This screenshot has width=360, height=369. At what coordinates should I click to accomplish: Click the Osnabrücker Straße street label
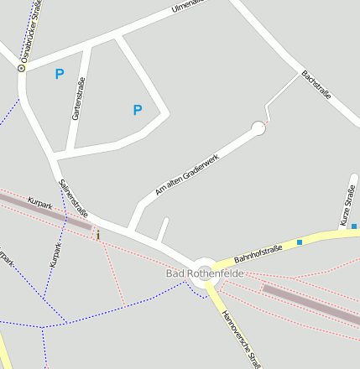[31, 33]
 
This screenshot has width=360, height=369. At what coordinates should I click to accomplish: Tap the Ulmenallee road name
[187, 8]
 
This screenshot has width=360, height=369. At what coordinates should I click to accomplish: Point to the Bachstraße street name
[316, 85]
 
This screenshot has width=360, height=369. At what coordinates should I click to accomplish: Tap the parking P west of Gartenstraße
[59, 74]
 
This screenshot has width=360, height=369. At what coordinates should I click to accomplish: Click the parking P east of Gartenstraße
[138, 110]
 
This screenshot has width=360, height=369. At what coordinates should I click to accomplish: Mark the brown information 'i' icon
[98, 235]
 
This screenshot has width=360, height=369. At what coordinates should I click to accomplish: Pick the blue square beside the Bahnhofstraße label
[300, 242]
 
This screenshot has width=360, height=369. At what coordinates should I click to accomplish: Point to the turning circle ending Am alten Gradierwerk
[258, 128]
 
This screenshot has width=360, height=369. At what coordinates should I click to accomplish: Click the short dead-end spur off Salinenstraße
[163, 230]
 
